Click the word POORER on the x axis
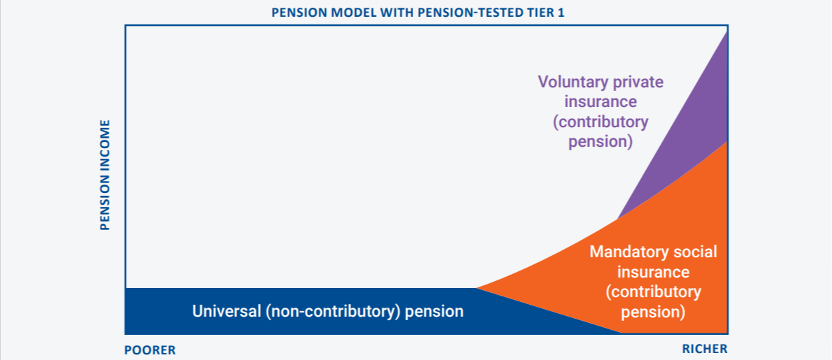[x=150, y=350]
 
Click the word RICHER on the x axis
[x=705, y=349]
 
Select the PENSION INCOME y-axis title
[x=105, y=175]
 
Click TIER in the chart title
[x=539, y=12]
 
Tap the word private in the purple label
[x=640, y=82]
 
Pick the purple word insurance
[x=601, y=102]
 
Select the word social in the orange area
[x=690, y=252]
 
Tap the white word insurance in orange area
[x=654, y=272]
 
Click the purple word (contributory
[x=601, y=122]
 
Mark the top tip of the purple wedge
[x=727, y=31]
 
